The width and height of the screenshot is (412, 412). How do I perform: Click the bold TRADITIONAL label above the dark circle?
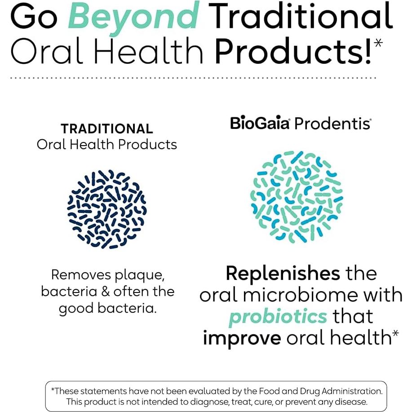pyautogui.click(x=107, y=129)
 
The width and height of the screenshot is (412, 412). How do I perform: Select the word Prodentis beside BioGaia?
pyautogui.click(x=332, y=123)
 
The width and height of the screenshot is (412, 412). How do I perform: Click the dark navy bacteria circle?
pyautogui.click(x=107, y=209)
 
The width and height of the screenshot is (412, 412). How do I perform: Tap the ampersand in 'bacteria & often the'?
pyautogui.click(x=106, y=292)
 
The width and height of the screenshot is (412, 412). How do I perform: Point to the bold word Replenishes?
pyautogui.click(x=283, y=273)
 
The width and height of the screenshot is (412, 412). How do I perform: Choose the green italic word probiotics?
pyautogui.click(x=278, y=316)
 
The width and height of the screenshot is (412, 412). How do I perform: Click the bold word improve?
pyautogui.click(x=242, y=338)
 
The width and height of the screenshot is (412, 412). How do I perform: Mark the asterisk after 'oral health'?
pyautogui.click(x=396, y=334)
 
